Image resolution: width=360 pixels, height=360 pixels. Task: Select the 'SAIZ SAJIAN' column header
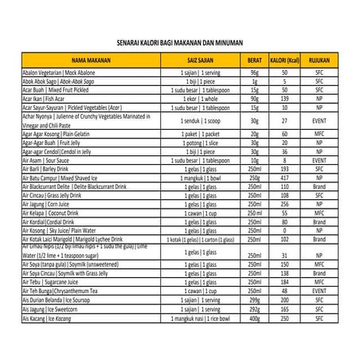(x=190, y=61)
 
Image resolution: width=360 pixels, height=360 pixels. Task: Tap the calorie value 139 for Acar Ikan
(x=283, y=98)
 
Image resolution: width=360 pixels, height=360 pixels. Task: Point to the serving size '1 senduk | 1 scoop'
(x=190, y=119)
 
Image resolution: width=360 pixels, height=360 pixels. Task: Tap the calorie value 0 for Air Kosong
(x=283, y=229)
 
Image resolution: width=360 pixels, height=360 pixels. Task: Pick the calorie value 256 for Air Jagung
(x=283, y=204)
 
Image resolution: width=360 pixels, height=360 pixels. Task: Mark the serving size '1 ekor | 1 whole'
(x=190, y=98)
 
